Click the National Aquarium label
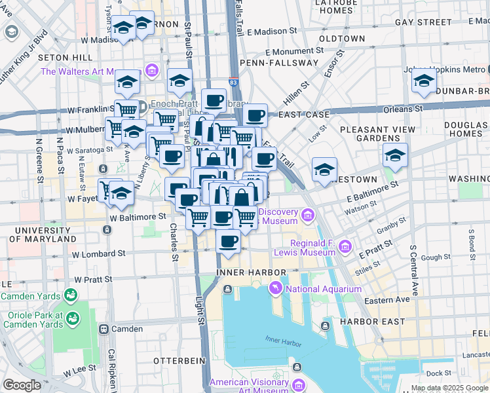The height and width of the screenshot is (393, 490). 324,289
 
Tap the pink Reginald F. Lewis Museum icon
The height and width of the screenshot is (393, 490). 345,247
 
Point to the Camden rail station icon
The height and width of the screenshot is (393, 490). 103,329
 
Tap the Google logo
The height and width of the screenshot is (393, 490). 22,385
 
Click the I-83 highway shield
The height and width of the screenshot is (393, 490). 234,83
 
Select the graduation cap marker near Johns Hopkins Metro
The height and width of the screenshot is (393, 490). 424,83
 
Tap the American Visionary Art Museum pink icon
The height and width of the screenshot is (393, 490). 299,384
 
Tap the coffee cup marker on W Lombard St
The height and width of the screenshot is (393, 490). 228,241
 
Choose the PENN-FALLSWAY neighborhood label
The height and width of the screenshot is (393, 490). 269,63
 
